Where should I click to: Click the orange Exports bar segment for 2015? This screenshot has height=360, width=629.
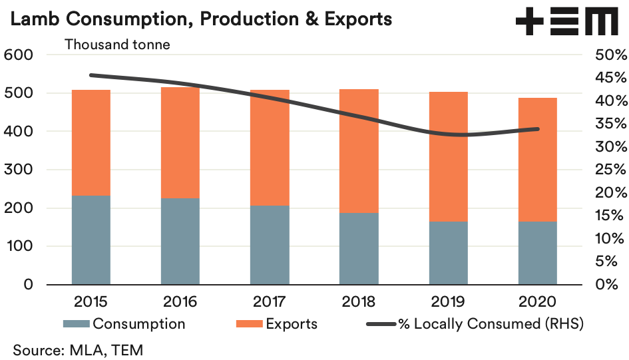pos(91,142)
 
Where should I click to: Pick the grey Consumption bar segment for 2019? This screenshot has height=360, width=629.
pos(448,253)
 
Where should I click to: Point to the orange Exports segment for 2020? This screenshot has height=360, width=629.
pos(538,160)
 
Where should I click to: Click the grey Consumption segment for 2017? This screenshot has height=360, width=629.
pos(270,245)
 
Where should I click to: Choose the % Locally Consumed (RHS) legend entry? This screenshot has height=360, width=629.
pos(476,324)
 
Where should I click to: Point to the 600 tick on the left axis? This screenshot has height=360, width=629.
pos(19,55)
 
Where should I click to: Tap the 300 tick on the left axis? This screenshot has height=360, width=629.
pos(19,170)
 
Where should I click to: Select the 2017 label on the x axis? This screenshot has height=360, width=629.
pos(270,301)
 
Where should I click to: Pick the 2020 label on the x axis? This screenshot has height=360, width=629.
pos(538,301)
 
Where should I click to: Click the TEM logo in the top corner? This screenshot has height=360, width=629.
pos(566,22)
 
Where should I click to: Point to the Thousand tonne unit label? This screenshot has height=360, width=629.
pos(117,45)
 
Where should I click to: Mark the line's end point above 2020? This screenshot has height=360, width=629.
pos(538,129)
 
